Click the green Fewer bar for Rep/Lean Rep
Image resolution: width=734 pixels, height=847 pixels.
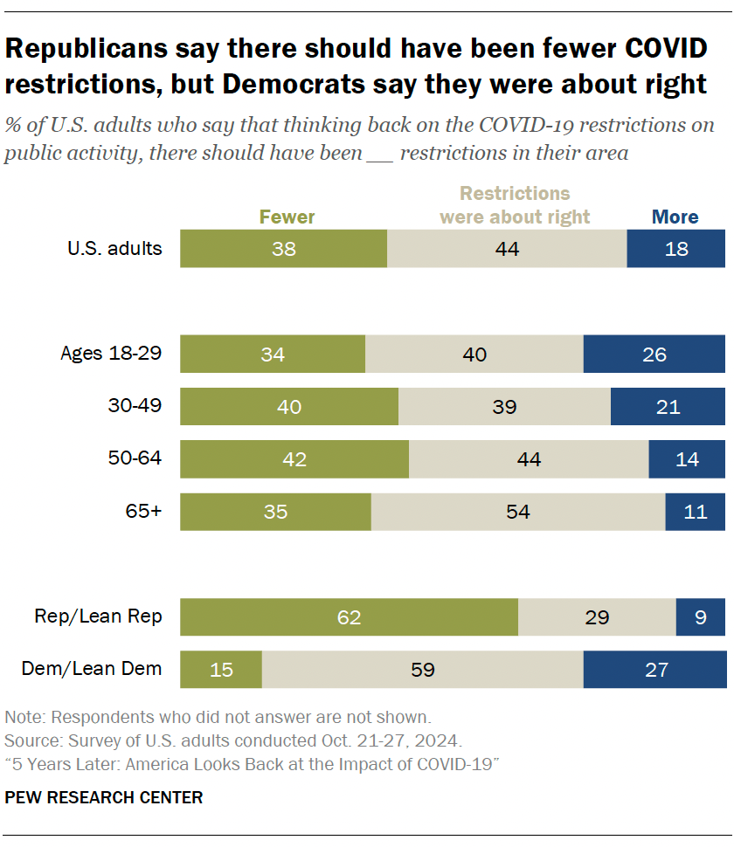tap(349, 617)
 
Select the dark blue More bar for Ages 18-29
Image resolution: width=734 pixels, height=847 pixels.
tap(654, 355)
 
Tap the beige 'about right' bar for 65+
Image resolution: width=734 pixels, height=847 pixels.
tap(518, 512)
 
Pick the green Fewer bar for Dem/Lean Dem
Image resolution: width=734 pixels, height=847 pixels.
tap(221, 670)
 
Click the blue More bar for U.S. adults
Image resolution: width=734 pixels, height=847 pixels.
tap(675, 249)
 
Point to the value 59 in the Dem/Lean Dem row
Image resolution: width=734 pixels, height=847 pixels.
tap(423, 670)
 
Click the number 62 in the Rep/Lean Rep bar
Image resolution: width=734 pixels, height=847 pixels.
tap(349, 617)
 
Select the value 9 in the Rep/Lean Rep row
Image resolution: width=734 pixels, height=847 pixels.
tap(700, 617)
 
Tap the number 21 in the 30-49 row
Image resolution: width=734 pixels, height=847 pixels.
tap(668, 407)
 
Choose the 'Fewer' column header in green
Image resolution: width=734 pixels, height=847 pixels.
tap(287, 217)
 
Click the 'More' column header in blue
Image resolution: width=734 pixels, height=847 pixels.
tap(675, 217)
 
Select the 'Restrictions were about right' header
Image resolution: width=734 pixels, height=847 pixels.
tap(515, 205)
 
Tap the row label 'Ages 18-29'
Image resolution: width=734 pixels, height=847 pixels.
tap(111, 354)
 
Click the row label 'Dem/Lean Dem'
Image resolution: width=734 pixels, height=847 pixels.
tap(92, 669)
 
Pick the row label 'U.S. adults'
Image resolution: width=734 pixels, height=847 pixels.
tap(114, 248)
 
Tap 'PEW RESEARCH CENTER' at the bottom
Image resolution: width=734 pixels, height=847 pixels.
tap(104, 797)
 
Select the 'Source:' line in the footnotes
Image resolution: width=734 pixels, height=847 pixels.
tap(233, 741)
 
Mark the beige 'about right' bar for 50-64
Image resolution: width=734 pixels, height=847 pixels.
tap(529, 459)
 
